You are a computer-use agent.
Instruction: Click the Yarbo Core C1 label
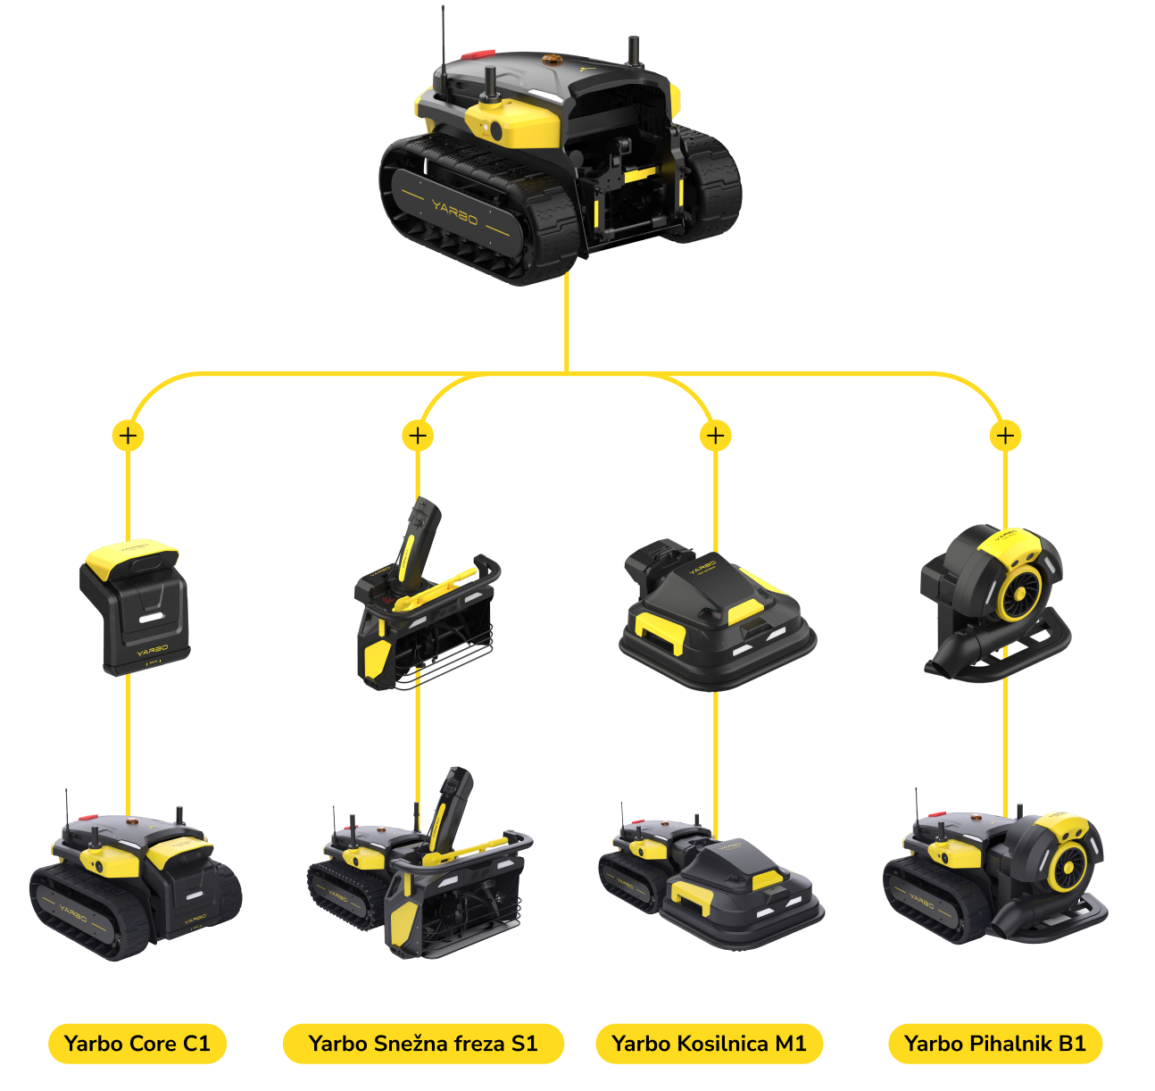click(137, 1044)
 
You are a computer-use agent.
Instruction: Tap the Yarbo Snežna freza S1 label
click(423, 1044)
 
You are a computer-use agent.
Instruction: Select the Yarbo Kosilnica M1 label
click(709, 1044)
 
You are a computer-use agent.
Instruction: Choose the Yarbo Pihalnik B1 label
click(995, 1044)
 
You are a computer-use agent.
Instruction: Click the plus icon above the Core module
click(128, 435)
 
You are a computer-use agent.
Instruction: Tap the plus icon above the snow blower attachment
click(418, 435)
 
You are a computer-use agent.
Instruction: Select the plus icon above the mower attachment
click(715, 435)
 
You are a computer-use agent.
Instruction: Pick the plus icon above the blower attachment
click(1006, 435)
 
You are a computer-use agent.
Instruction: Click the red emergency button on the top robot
click(478, 54)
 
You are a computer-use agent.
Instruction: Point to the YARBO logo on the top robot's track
click(455, 212)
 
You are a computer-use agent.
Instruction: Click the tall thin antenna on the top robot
click(443, 53)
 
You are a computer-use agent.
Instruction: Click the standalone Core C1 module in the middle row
click(135, 607)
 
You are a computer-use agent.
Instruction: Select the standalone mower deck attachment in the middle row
click(718, 615)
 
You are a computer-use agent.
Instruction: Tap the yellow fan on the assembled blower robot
click(1070, 867)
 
